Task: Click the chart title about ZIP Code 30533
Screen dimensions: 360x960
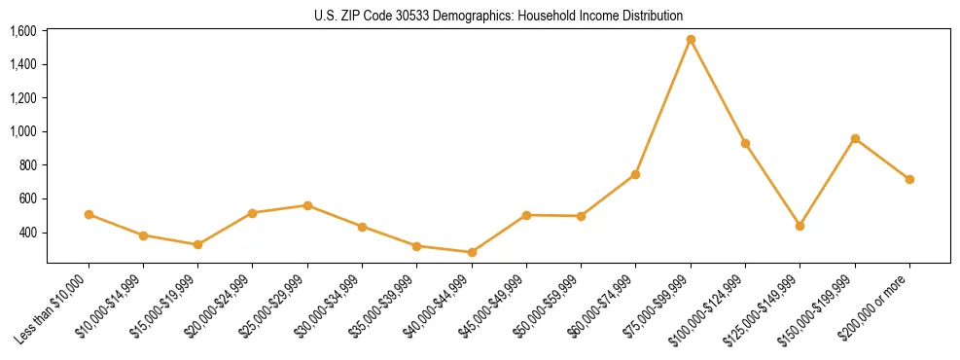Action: click(x=498, y=16)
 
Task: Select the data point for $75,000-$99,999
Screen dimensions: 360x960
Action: click(x=691, y=40)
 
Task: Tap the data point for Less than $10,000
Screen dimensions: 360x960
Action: click(x=89, y=214)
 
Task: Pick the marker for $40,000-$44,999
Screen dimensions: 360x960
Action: click(x=472, y=252)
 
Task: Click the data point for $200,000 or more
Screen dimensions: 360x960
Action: click(x=909, y=179)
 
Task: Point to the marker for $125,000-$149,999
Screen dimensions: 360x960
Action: click(x=800, y=226)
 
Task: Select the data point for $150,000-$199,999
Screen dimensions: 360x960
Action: click(x=855, y=138)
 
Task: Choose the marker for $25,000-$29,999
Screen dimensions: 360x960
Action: click(x=307, y=205)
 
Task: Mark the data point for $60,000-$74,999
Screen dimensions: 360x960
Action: click(x=635, y=174)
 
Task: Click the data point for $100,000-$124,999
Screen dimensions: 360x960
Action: click(x=745, y=143)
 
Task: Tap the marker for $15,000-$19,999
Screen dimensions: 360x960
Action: click(x=197, y=244)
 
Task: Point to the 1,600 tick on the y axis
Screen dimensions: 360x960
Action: click(x=23, y=31)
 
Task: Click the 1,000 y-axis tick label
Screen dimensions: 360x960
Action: click(x=23, y=131)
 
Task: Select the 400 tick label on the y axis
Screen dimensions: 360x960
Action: click(x=28, y=233)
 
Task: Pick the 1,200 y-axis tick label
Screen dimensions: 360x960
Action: click(x=23, y=98)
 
